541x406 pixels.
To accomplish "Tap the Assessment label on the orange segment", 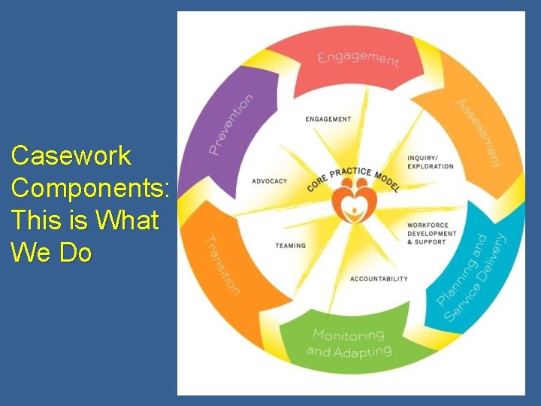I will (x=478, y=133).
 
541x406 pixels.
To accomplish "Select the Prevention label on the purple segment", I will (x=231, y=124).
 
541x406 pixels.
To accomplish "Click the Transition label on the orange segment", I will (x=223, y=265).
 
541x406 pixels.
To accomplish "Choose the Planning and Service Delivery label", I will (x=473, y=278).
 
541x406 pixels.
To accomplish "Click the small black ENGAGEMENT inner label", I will (x=328, y=119).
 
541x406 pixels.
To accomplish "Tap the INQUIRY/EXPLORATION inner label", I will (x=430, y=162).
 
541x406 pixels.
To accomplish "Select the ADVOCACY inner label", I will (x=269, y=181).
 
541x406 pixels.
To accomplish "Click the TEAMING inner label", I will (x=290, y=245).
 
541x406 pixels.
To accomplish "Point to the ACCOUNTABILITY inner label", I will (x=379, y=279).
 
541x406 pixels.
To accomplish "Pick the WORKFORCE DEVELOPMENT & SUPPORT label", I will (x=431, y=233).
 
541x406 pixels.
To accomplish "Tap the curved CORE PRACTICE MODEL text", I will (x=352, y=175).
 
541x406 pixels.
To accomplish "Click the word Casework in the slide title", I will (x=71, y=156).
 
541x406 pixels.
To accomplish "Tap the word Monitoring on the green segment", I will (x=348, y=335).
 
